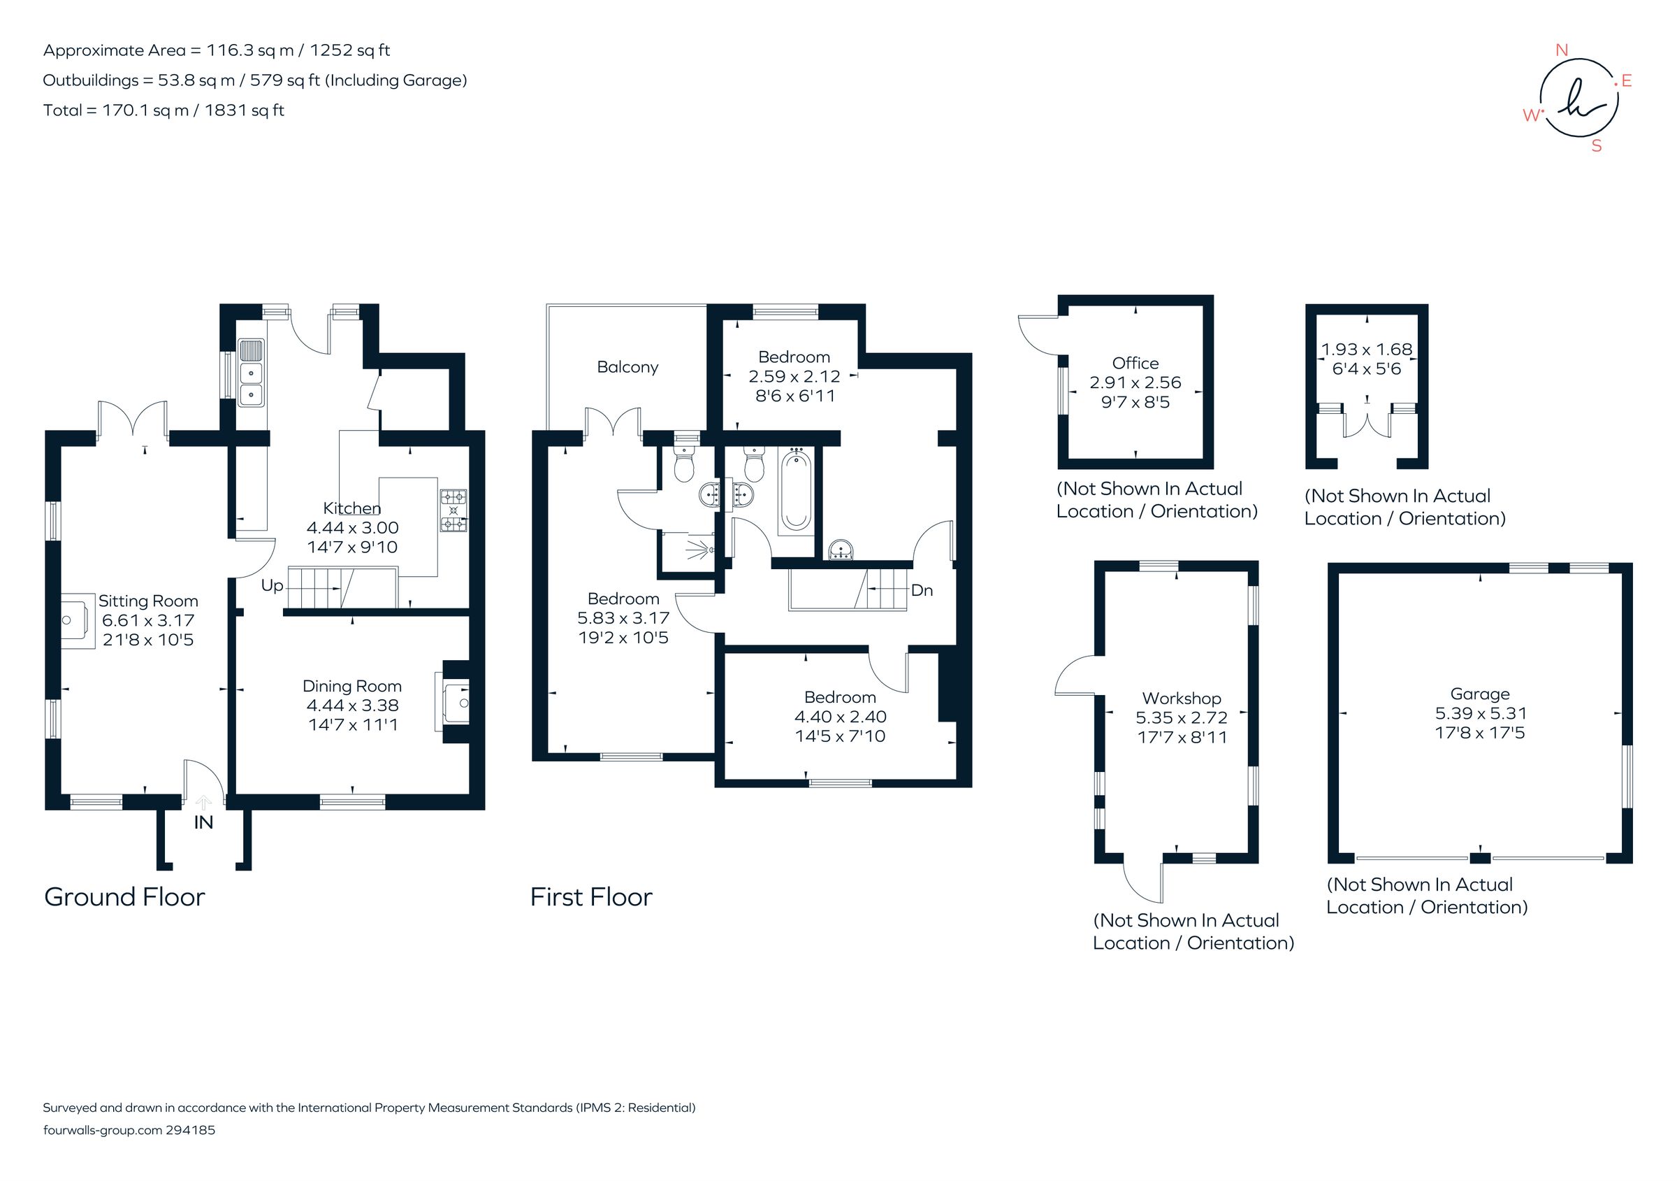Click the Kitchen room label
[351, 508]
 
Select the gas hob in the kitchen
[453, 511]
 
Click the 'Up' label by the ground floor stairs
[272, 585]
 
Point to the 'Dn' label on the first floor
[922, 590]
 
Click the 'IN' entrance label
[203, 823]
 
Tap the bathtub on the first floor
[795, 490]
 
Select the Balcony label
[627, 367]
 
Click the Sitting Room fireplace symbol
[77, 620]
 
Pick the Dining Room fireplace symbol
[454, 702]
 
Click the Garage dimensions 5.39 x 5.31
[1481, 713]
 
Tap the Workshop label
[1181, 698]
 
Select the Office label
[1135, 363]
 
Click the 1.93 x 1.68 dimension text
[1367, 350]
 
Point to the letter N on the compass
[1562, 50]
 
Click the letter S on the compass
[1597, 146]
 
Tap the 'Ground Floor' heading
[124, 896]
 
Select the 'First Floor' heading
[591, 896]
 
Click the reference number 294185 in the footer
[190, 1130]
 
